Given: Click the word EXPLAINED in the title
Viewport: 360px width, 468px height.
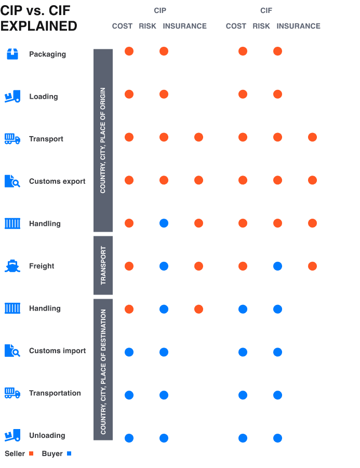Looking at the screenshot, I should coord(39,26).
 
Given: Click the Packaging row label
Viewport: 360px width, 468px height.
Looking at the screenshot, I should coord(47,54).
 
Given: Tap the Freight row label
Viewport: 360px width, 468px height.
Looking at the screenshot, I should coord(42,266).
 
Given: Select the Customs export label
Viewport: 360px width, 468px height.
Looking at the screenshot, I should coord(57,181).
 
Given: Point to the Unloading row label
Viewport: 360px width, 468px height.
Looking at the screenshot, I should coord(47,435).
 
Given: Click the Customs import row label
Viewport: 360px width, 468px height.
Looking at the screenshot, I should coord(57,351).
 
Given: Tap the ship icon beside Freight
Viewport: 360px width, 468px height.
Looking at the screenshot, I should coord(12,266).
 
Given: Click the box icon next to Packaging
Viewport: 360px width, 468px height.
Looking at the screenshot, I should coord(12,54).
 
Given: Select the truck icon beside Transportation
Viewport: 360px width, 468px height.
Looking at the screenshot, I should coord(12,393).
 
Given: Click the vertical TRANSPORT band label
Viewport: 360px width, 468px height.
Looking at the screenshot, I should coord(103,265).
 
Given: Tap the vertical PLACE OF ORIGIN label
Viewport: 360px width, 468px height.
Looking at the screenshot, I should coord(103,140).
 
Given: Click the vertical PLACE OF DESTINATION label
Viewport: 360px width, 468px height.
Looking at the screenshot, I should coord(103,371).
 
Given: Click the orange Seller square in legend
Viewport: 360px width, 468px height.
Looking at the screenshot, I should coord(31,454).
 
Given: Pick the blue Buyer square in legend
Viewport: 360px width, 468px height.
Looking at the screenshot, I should coord(69,454).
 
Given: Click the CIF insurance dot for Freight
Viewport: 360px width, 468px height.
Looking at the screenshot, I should coord(312,266).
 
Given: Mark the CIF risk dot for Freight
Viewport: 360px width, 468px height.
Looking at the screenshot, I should coord(277,266).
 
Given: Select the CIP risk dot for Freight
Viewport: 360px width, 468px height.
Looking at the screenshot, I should coord(164,266).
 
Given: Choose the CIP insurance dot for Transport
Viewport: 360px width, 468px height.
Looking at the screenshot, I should coord(198,137).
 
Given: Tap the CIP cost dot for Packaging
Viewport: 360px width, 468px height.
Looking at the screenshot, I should coord(129,51).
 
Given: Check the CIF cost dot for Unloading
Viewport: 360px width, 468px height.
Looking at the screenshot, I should coord(243,438).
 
